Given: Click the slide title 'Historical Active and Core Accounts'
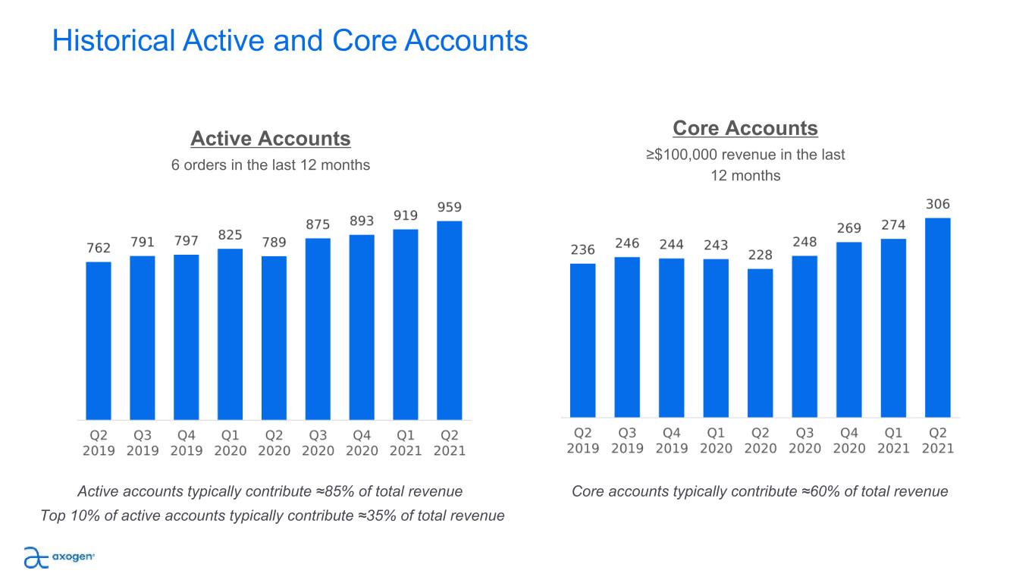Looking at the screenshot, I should pyautogui.click(x=290, y=41).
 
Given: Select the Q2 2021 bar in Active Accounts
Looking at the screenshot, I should pyautogui.click(x=450, y=320).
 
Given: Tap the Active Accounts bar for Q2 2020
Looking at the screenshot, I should pyautogui.click(x=274, y=337).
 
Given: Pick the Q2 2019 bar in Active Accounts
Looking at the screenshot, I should pyautogui.click(x=99, y=340).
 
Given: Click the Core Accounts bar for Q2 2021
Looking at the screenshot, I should pyautogui.click(x=938, y=318).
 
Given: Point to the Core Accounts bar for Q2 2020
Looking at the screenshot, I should pyautogui.click(x=761, y=343).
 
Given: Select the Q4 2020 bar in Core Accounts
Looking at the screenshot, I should pyautogui.click(x=849, y=330).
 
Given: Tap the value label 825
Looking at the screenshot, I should pyautogui.click(x=231, y=235).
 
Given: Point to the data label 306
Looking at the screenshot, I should pyautogui.click(x=937, y=205).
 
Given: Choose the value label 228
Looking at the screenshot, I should pyautogui.click(x=760, y=255).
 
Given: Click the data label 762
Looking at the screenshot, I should pyautogui.click(x=99, y=248).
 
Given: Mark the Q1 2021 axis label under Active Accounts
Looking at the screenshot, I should pyautogui.click(x=406, y=443).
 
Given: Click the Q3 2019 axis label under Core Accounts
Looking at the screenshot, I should pyautogui.click(x=627, y=440).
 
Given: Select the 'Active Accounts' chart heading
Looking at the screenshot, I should pyautogui.click(x=271, y=139).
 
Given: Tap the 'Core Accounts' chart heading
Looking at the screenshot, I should pyautogui.click(x=745, y=128).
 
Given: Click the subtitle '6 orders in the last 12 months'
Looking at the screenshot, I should pyautogui.click(x=271, y=165).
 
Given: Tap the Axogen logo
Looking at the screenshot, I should pyautogui.click(x=59, y=556).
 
